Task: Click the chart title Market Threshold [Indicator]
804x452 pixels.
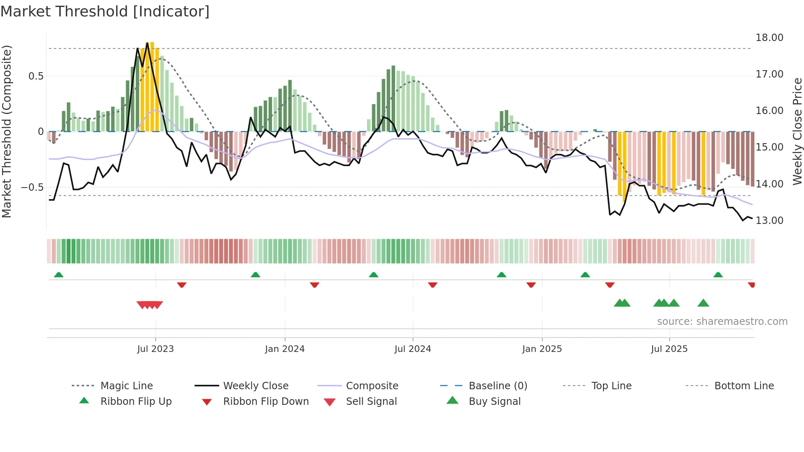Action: point(105,11)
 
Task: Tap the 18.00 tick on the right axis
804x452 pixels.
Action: point(769,38)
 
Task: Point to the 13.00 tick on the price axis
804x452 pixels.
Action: point(769,221)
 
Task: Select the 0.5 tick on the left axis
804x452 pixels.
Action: point(36,76)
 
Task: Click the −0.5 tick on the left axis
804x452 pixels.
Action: point(32,187)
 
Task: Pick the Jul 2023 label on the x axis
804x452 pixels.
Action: point(155,349)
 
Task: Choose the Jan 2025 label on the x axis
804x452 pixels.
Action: point(542,349)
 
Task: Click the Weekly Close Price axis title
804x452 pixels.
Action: point(797,131)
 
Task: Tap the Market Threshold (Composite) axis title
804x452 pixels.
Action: point(7,131)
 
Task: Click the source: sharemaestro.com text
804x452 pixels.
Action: point(722,322)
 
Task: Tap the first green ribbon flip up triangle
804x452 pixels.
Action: point(59,275)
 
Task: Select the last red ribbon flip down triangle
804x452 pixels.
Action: point(751,285)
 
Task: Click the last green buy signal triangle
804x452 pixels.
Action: point(703,303)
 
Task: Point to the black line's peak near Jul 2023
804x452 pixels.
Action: point(147,43)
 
